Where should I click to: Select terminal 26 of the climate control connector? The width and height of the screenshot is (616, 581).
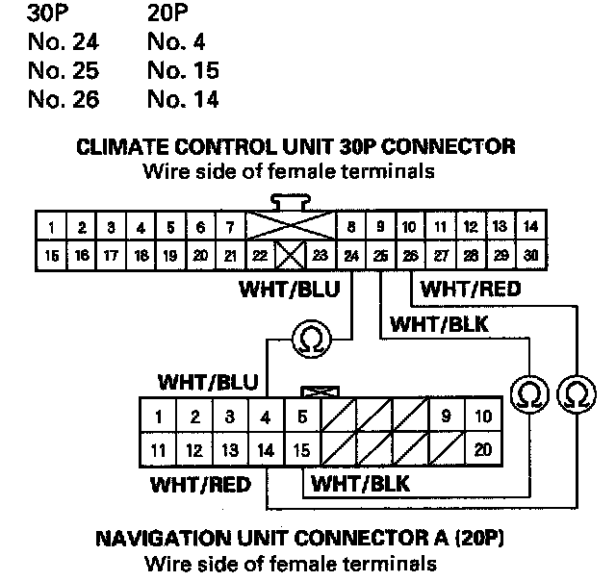pos(410,257)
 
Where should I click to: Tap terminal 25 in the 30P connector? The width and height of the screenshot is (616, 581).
pos(380,257)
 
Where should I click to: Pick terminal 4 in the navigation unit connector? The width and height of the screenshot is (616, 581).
pos(266,417)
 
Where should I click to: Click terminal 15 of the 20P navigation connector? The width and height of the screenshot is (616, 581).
pos(302,449)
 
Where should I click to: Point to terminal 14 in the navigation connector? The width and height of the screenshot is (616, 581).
pos(266,449)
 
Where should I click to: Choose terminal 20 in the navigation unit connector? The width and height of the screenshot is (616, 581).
pos(483,449)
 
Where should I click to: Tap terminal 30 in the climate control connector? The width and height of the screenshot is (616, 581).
pos(529,257)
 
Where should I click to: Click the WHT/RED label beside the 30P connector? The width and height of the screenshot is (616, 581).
pos(458,288)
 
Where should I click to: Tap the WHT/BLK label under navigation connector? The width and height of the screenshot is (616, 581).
pos(360,483)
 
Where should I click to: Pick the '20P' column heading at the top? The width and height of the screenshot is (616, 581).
pos(170,13)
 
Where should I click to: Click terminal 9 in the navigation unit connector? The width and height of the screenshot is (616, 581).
pos(447,417)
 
